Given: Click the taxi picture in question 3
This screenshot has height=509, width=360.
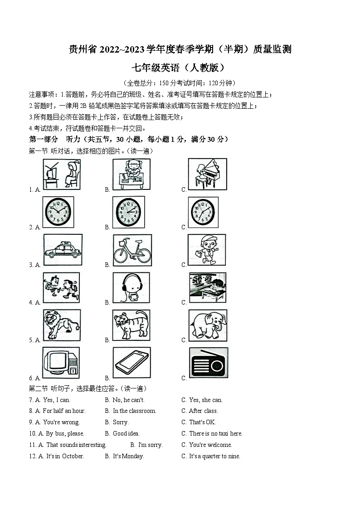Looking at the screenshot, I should tap(63, 250).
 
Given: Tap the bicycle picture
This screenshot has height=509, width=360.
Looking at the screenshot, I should tap(132, 250).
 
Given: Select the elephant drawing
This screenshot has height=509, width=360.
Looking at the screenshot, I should tap(207, 325).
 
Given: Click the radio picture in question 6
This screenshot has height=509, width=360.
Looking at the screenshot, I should tap(208, 362).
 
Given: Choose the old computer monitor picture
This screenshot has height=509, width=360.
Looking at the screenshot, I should tap(61, 363).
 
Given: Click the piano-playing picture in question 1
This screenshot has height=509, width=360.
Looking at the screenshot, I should tap(207, 174).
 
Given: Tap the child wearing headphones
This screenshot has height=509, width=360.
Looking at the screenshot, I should tap(131, 287).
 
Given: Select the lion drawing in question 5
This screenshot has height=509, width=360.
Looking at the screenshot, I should tap(62, 325).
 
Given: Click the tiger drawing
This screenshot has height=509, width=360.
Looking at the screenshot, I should tap(131, 325).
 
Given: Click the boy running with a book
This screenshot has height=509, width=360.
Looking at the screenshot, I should tap(206, 250).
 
